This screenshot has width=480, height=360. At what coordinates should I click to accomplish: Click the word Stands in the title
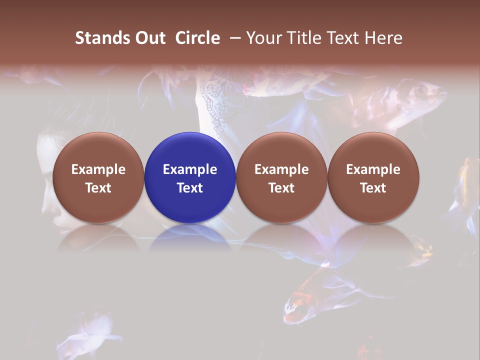[95, 38]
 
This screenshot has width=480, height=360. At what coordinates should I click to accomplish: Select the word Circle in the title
[197, 38]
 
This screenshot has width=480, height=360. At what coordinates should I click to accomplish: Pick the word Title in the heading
[302, 38]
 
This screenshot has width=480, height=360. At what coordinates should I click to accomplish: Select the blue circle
[190, 177]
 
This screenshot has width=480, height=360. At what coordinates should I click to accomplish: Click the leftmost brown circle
[98, 177]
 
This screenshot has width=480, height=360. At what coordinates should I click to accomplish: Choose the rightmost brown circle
[373, 177]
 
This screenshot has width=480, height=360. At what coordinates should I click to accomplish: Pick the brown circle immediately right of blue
[281, 177]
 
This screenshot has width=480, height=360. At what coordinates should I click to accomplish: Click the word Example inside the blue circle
[190, 169]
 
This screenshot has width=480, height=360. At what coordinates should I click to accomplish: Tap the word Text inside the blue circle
[190, 188]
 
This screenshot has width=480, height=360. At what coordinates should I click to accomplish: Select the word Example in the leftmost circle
[98, 169]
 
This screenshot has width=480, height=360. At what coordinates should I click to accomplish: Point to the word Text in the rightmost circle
[373, 188]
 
